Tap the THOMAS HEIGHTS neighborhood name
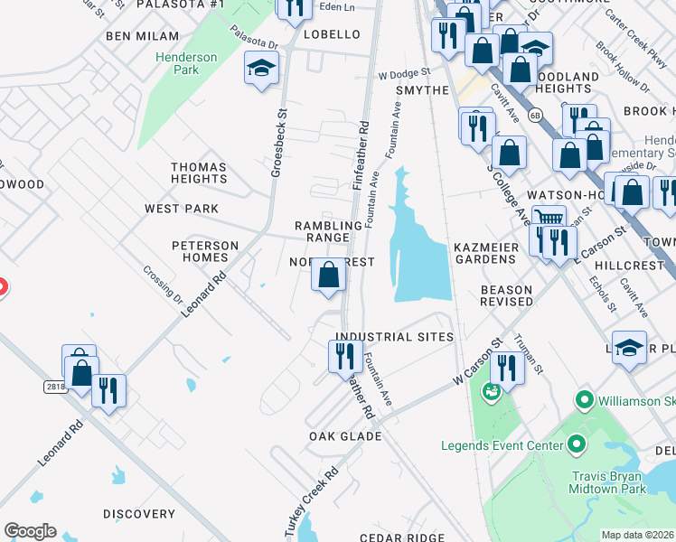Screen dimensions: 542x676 199,173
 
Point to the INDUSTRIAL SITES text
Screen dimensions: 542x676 394,336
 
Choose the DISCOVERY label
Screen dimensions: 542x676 139,514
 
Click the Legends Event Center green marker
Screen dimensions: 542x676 576,444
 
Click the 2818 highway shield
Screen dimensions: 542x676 55,386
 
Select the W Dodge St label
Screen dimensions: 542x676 404,73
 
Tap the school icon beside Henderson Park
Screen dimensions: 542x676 261,68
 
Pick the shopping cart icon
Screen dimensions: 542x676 548,217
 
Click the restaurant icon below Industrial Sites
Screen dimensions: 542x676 344,355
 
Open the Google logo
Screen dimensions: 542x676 30,531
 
